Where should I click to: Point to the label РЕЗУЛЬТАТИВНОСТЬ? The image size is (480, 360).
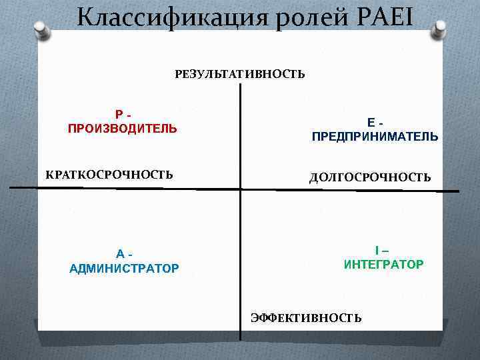(240, 74)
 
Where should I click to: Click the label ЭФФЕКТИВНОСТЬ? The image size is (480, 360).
(306, 318)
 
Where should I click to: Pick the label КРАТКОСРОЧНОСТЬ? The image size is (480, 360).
(109, 175)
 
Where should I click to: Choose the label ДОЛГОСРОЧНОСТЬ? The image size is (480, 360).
(370, 177)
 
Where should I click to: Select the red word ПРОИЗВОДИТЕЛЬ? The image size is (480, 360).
(123, 128)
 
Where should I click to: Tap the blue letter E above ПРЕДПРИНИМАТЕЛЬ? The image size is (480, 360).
(370, 123)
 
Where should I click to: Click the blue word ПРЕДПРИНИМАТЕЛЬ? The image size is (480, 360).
(375, 137)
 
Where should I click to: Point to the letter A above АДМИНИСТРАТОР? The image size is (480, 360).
(120, 254)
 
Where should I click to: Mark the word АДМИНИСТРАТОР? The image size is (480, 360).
(124, 269)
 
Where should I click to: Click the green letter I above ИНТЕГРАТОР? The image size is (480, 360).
(377, 250)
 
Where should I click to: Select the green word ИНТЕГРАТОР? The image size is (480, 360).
(383, 265)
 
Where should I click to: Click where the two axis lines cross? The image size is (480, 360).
(240, 189)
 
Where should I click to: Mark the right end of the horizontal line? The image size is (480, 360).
(458, 191)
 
